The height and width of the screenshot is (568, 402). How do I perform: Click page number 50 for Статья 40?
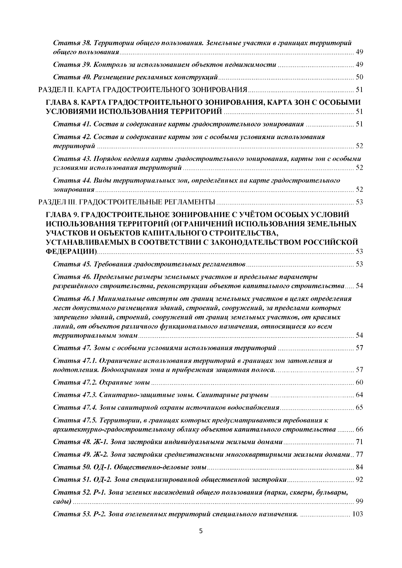359,77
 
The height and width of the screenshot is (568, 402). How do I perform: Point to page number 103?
357,514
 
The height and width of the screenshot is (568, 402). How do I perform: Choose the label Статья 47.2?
75,383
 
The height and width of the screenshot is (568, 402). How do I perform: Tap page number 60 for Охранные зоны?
359,383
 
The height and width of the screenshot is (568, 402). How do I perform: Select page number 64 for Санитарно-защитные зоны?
359,395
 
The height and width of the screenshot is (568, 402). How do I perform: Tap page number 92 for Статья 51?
359,480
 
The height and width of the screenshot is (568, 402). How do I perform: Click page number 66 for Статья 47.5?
359,430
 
